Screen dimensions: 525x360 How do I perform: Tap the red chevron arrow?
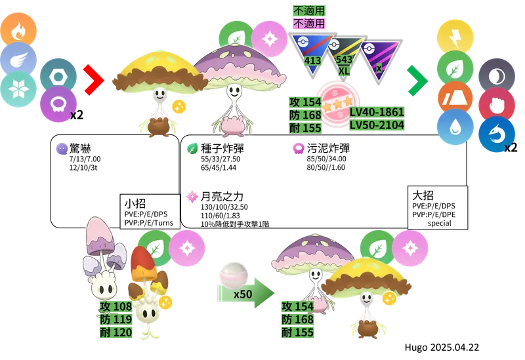tap(94, 79)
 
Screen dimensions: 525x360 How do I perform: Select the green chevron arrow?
tap(418, 81)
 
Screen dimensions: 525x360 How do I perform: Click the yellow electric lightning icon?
tap(455, 37)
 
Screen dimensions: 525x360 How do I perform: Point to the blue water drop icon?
tap(455, 127)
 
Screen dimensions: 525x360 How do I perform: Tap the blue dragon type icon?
tap(497, 134)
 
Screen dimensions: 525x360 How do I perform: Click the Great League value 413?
tap(312, 60)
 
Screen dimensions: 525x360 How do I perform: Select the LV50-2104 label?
tap(377, 125)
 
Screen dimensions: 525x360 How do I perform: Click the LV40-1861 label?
tap(377, 112)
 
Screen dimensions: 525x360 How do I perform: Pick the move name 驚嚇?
tap(80, 148)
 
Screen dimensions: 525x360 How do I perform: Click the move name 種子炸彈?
tap(222, 148)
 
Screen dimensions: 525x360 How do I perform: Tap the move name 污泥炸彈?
tap(328, 148)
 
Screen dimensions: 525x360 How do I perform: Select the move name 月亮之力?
tap(222, 197)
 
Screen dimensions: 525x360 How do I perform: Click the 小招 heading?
tap(135, 203)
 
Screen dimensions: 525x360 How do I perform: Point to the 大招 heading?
tap(423, 195)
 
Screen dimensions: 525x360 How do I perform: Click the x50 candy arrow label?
tap(243, 294)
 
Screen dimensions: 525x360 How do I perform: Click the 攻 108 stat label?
tap(116, 306)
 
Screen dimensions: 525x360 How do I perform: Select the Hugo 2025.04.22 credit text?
tap(442, 348)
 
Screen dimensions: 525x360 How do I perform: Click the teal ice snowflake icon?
tap(18, 89)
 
